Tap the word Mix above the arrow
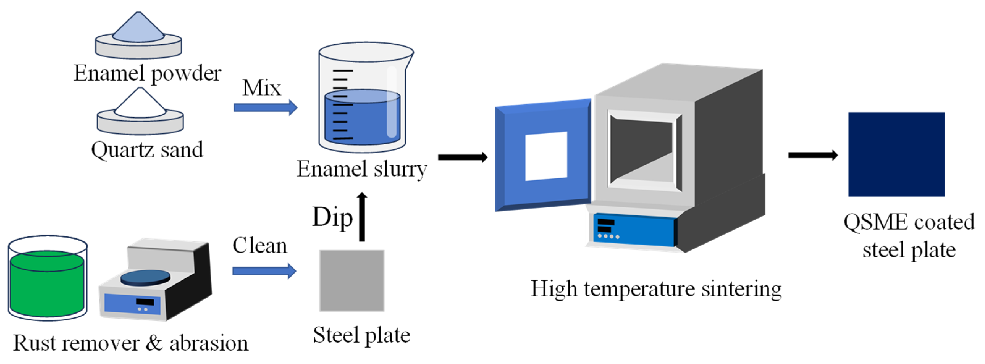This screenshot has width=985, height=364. [262, 88]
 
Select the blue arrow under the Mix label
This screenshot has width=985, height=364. [265, 107]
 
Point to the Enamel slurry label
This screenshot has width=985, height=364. [362, 169]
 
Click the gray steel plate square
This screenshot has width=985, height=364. [352, 281]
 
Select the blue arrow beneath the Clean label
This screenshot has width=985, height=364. [264, 271]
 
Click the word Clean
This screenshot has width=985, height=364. [260, 245]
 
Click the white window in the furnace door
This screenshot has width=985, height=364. [546, 156]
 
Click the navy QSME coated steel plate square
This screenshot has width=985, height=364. [897, 154]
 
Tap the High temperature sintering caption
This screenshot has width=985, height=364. [656, 289]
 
